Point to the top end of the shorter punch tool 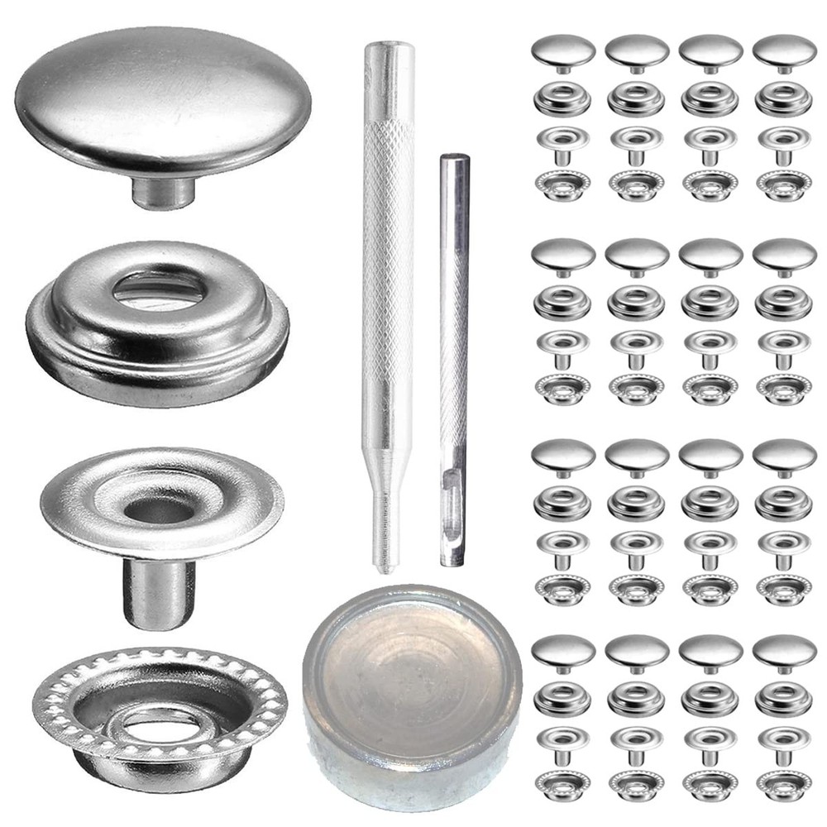(453, 159)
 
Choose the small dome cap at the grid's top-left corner (563, 49)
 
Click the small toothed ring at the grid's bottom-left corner (563, 782)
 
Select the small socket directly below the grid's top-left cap (563, 98)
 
